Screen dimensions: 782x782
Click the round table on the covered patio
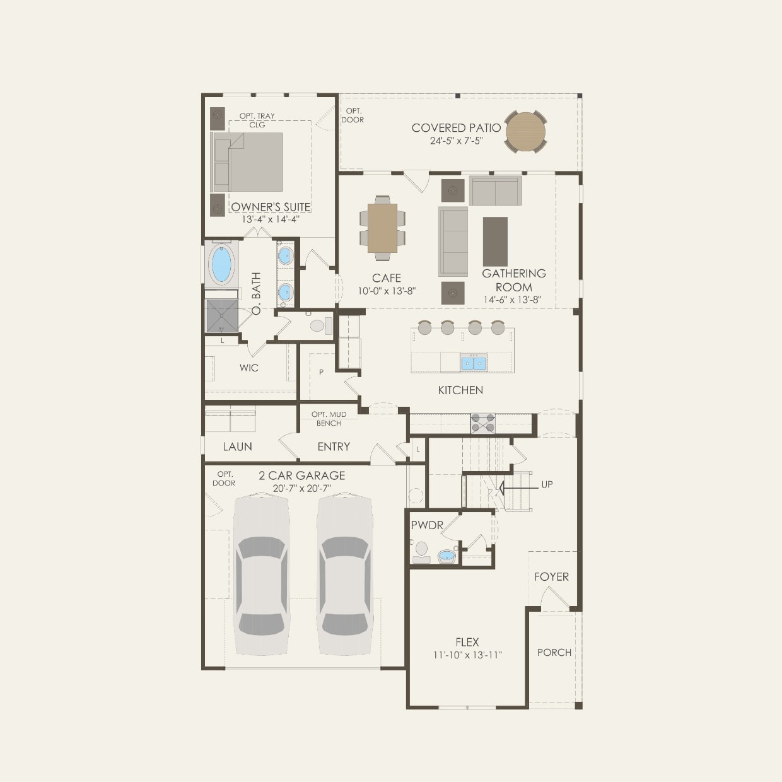525,132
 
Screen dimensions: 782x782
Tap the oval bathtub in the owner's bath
221,264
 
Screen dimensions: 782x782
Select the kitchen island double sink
474,363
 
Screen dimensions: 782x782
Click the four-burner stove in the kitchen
483,423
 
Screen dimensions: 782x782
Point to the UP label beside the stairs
547,484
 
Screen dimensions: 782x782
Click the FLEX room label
467,643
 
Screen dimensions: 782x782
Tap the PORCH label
554,653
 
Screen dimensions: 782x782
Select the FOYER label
551,576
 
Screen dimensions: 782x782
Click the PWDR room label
427,525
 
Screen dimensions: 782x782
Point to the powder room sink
446,556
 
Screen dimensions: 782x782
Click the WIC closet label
248,368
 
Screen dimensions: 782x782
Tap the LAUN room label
237,446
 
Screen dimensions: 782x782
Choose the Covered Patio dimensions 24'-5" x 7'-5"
456,141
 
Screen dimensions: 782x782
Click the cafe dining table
382,228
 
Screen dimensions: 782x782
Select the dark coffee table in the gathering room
495,242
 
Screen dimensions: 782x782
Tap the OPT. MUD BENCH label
329,418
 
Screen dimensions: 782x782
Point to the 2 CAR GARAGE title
302,476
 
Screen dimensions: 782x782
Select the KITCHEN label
460,390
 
